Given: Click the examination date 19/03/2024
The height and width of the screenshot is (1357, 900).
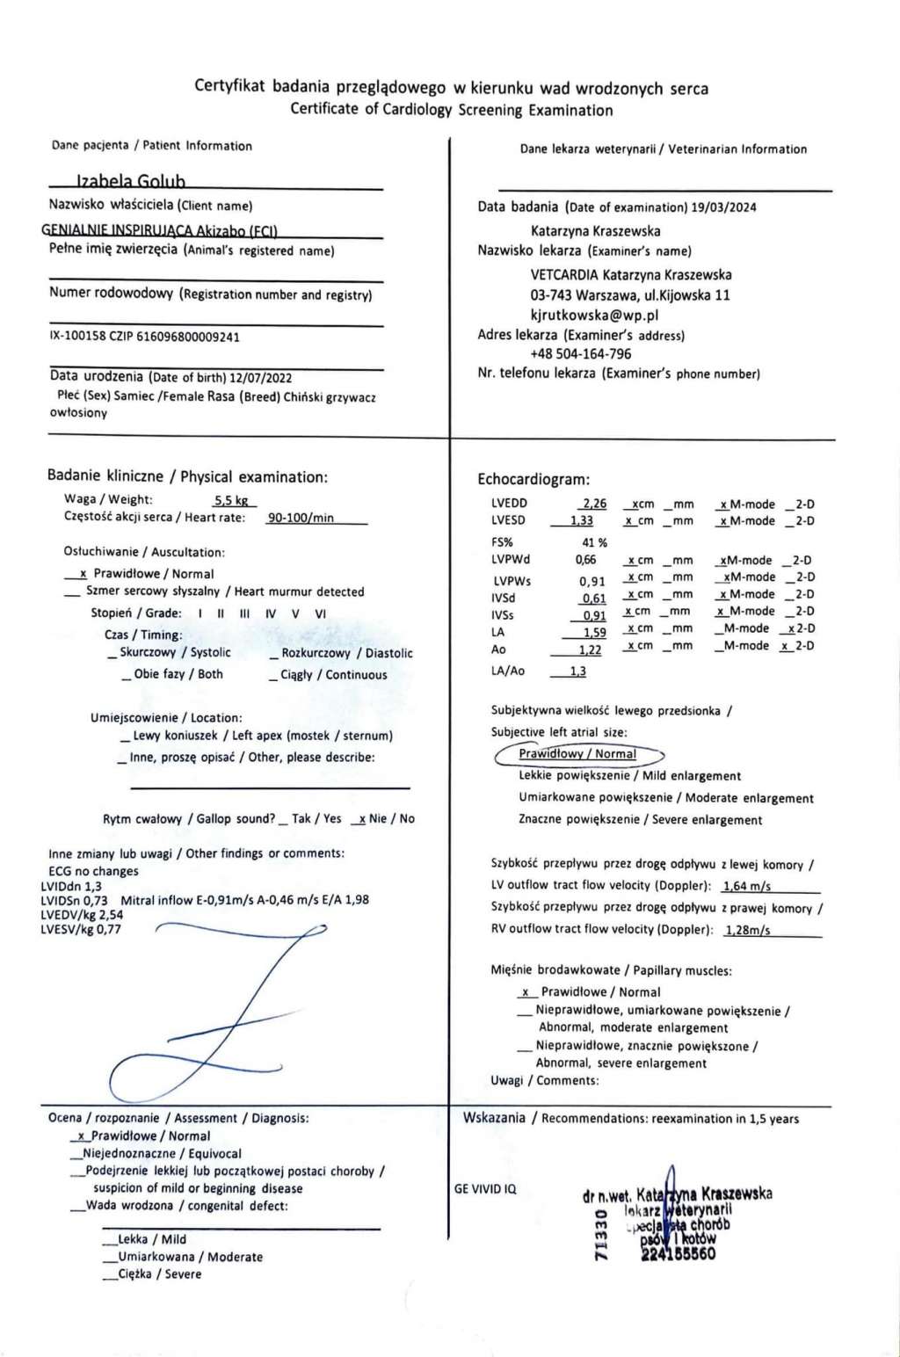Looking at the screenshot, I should (x=723, y=208).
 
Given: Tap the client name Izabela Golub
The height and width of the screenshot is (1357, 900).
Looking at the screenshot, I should (x=130, y=182).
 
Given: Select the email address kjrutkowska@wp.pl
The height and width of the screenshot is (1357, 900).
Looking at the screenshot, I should (x=594, y=315).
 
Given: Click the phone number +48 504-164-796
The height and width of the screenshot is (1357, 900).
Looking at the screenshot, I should (x=580, y=354).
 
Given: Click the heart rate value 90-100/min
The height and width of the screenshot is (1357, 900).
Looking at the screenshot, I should (x=301, y=518).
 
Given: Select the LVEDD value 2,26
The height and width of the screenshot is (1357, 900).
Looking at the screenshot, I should (x=593, y=504).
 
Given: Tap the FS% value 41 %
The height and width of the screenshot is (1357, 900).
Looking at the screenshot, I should (x=594, y=542).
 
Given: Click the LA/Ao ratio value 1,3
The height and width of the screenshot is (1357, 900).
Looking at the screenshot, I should (x=577, y=671).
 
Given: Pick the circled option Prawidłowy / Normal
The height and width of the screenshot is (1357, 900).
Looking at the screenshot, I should (x=577, y=754).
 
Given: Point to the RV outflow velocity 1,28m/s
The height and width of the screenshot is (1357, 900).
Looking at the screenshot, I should (x=747, y=930).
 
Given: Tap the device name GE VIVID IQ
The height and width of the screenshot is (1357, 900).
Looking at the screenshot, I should (x=485, y=1189).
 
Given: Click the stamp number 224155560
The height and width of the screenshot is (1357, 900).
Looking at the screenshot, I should (x=679, y=1254).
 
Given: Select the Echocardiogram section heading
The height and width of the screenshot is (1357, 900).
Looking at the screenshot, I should (x=533, y=480).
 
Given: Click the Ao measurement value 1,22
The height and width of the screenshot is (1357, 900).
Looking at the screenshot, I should (x=589, y=650).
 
